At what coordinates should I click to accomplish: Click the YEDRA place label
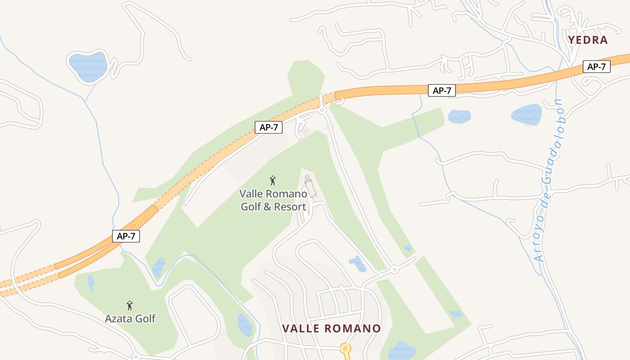[588, 40]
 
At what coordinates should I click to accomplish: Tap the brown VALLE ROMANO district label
[332, 328]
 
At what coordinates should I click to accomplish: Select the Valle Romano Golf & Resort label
[273, 200]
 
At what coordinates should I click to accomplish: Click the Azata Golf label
[130, 319]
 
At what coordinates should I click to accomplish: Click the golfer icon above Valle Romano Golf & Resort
[273, 180]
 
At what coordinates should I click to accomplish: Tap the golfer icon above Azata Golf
[130, 306]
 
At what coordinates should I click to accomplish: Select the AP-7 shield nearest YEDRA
[597, 67]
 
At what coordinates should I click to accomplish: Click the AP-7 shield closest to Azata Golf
[126, 236]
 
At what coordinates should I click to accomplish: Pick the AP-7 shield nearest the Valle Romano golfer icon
[269, 127]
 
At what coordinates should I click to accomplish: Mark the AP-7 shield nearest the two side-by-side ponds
[442, 90]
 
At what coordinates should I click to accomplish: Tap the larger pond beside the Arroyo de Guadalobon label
[526, 115]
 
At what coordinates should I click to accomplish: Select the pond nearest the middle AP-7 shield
[459, 117]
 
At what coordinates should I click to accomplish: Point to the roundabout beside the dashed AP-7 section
[322, 110]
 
